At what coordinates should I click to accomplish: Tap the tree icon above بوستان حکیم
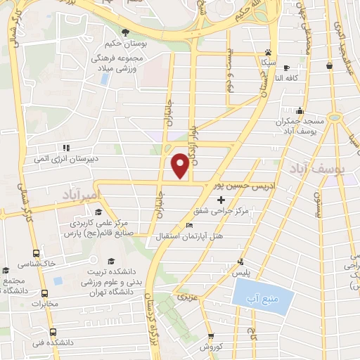click(x=125, y=32)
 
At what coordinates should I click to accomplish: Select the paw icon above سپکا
click(x=268, y=53)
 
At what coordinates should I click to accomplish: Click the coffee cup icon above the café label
click(x=285, y=68)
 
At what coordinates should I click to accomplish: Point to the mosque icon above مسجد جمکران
click(x=300, y=110)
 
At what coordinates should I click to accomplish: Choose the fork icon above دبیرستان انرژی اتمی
click(x=66, y=148)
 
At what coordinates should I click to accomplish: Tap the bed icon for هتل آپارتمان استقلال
click(x=188, y=225)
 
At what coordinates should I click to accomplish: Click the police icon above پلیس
click(x=243, y=261)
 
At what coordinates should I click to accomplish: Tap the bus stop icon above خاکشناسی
click(x=36, y=252)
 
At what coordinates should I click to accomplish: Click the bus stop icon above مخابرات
click(x=45, y=294)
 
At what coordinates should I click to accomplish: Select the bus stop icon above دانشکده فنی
click(x=53, y=332)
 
